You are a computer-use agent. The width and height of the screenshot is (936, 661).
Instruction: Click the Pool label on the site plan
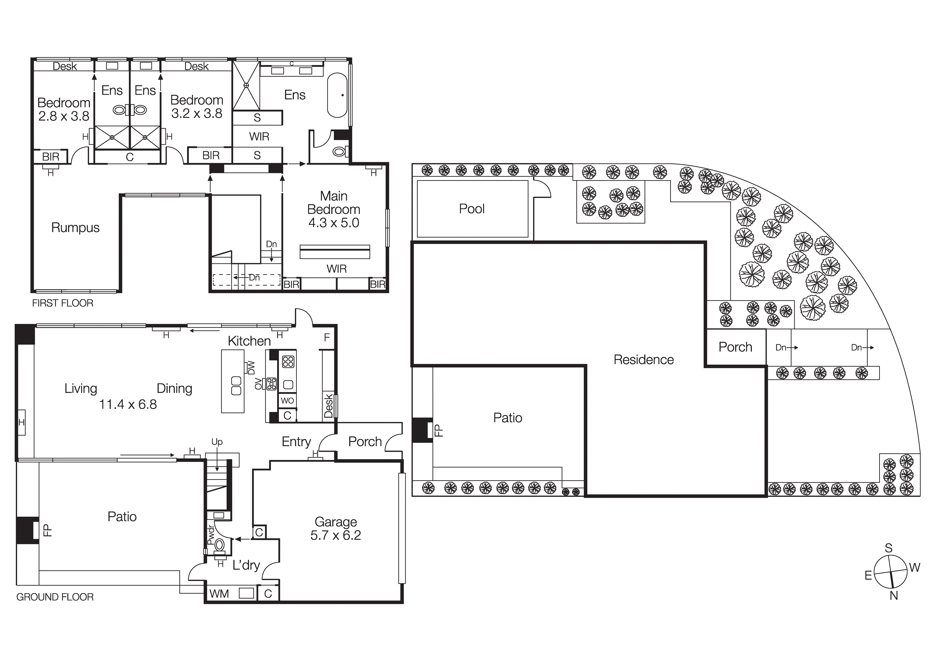coord(472,209)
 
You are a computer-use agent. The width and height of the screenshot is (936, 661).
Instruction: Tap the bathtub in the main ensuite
coord(337,95)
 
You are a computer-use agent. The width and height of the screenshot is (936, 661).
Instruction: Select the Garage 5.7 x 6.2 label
coord(335,528)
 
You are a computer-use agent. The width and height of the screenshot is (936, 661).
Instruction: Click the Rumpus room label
coord(76,227)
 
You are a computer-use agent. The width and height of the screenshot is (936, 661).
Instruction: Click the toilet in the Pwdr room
coord(220,545)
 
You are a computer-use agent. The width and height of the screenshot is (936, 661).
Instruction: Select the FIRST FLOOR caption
coord(63,303)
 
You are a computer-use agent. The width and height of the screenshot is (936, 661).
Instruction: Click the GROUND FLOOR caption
coord(55,597)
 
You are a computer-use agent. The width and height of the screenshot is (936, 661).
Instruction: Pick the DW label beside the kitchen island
coord(251,368)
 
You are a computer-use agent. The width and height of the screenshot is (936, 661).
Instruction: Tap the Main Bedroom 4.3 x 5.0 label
coord(333,209)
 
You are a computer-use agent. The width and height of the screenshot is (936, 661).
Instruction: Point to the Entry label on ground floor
coord(296,442)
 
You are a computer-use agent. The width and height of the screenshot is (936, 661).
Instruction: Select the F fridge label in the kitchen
coord(326,337)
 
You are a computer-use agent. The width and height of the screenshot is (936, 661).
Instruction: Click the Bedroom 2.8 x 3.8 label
coord(64,109)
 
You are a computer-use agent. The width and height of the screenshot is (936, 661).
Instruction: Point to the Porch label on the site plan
coord(736,347)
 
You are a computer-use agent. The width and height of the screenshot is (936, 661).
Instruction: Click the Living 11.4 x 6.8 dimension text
coord(128,404)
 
